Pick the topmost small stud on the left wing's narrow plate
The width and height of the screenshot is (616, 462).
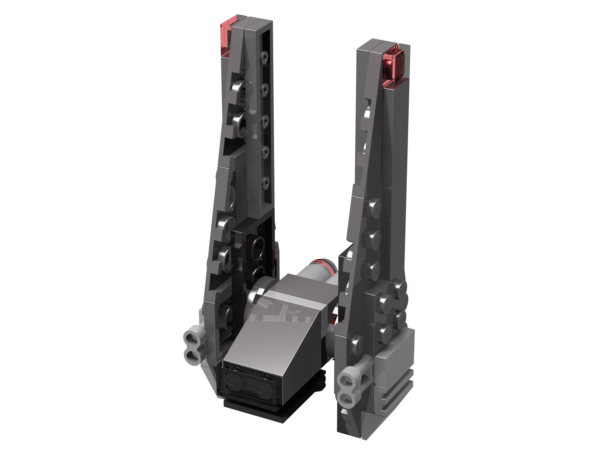(x=264, y=57)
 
